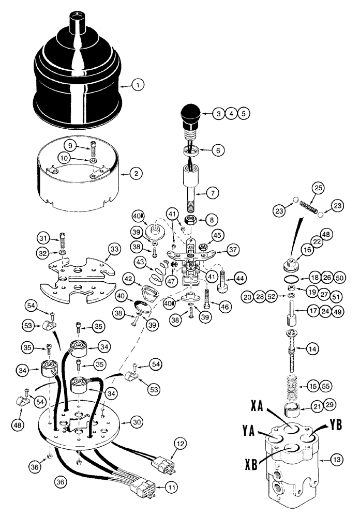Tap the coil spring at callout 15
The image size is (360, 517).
(295, 385)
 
